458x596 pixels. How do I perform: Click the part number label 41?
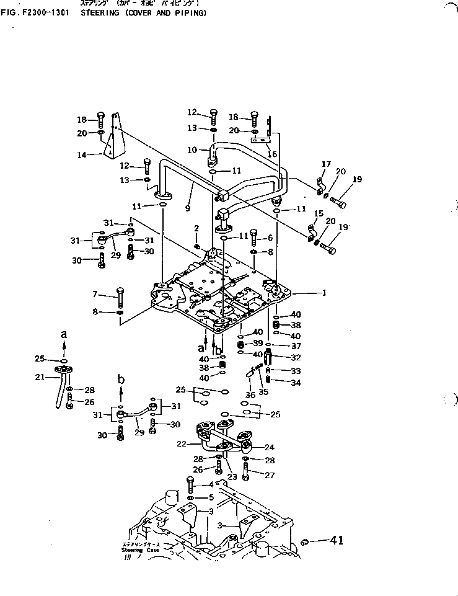[x=337, y=541]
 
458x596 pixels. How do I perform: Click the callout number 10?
[x=193, y=149]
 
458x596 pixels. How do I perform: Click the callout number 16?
[x=272, y=153]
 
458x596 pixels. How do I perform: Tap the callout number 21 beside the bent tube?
[x=38, y=377]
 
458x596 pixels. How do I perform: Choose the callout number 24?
[x=270, y=447]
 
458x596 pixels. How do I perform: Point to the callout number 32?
[x=296, y=357]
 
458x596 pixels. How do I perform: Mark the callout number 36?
[x=250, y=394]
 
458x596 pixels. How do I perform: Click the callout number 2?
[x=196, y=228]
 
